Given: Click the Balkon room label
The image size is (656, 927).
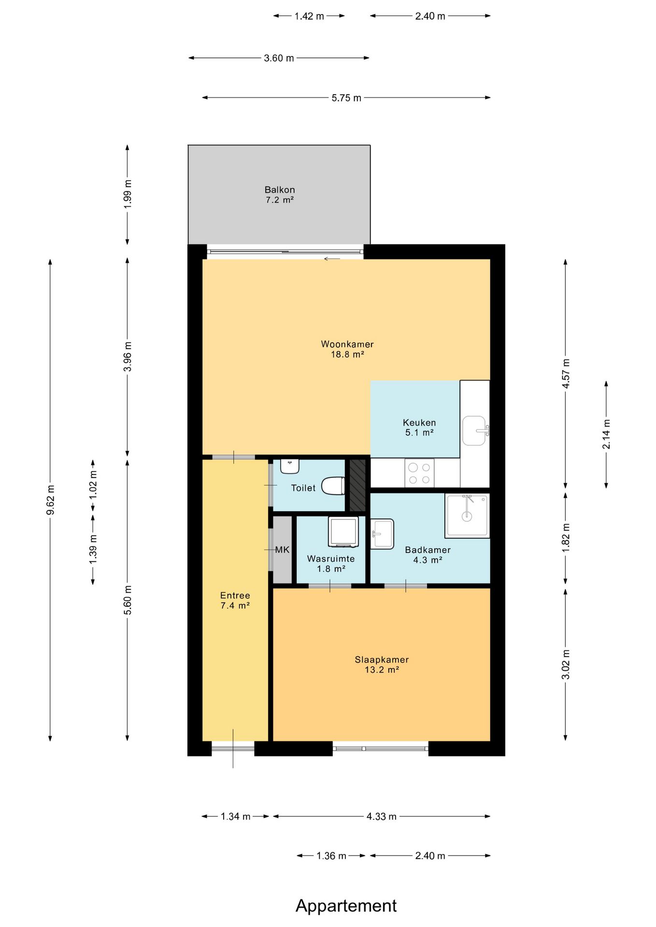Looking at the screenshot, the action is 280,190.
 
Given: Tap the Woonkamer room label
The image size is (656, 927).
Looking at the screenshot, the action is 347,344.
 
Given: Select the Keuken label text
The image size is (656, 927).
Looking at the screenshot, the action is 419,422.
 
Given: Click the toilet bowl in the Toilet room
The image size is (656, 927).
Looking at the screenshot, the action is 333,486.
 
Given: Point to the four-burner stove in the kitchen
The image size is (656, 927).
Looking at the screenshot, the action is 419,473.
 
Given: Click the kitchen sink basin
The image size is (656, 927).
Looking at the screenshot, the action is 475,431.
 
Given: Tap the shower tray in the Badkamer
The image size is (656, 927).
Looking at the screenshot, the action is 467,516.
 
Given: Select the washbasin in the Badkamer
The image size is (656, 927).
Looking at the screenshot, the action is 383,534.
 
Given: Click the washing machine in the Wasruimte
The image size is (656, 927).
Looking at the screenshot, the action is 343,532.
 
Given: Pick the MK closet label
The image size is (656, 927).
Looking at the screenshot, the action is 282,549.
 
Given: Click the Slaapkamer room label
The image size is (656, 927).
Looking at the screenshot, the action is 382,660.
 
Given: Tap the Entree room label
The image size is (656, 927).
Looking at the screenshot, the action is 235,595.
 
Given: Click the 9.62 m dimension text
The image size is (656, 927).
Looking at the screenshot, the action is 50,499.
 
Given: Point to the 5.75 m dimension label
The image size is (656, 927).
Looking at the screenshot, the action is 346,98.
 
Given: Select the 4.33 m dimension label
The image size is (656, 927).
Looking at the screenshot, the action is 382,816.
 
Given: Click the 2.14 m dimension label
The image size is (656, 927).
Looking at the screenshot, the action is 606,434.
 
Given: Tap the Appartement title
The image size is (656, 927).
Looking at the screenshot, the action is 346,906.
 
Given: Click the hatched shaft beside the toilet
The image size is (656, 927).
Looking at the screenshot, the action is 357,485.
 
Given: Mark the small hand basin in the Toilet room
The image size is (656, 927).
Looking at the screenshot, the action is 290,466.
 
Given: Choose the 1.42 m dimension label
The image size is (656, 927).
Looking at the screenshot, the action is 309,16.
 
